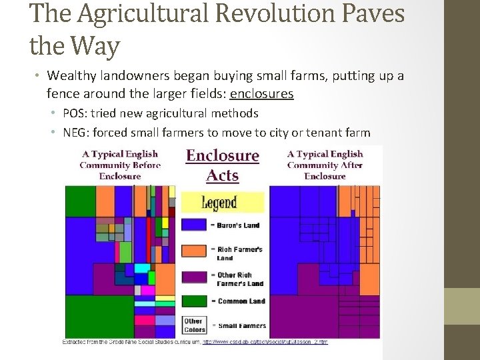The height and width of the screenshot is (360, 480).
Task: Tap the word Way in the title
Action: point(94,46)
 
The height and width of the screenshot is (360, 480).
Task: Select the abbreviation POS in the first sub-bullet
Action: point(75,113)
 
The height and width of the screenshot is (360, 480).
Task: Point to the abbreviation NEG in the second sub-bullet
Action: point(76,131)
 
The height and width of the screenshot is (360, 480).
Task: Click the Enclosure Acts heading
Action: point(222,165)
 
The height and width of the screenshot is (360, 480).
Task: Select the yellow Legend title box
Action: point(222,201)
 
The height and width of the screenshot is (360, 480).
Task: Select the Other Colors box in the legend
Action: point(193,325)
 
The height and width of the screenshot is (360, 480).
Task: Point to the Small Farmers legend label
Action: point(241,326)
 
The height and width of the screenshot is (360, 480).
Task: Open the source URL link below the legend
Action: point(265,342)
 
